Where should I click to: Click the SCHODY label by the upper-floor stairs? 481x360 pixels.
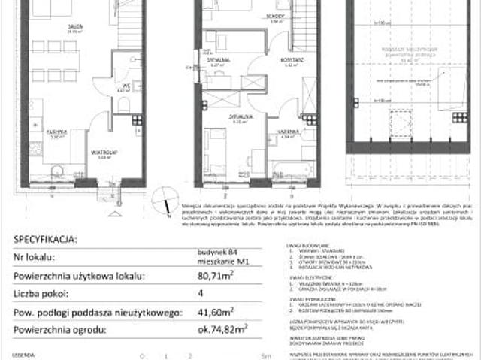[275, 16]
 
